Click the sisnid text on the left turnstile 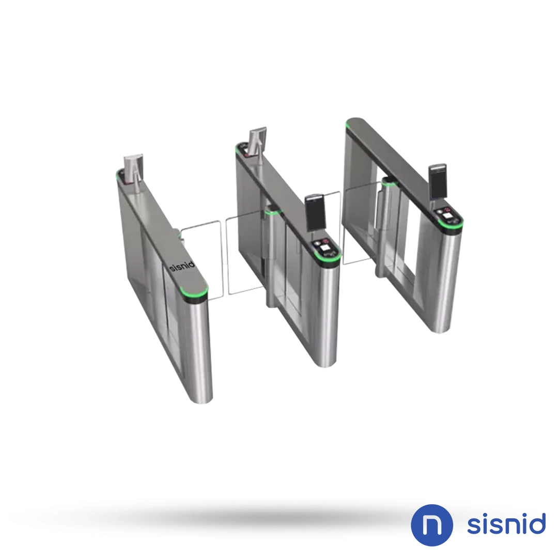coord(182,268)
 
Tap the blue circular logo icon coord(432,525)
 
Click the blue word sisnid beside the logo coord(506,524)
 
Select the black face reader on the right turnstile coord(438,181)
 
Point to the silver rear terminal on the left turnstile coord(131,168)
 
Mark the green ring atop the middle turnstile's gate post coord(271,211)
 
